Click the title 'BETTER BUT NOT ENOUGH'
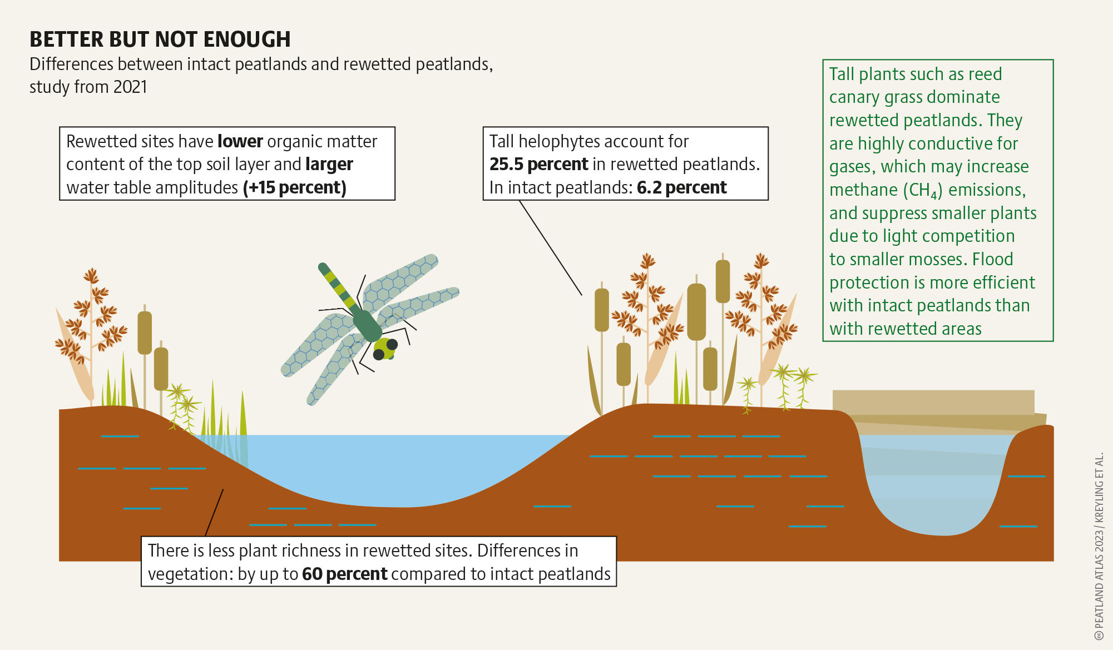[x=160, y=39]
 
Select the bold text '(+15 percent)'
[x=295, y=188]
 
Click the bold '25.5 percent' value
[x=538, y=165]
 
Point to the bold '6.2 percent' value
[x=681, y=188]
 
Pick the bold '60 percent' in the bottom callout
[x=344, y=574]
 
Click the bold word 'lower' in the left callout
[x=240, y=142]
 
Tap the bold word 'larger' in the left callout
[x=329, y=165]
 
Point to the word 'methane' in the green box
[x=863, y=190]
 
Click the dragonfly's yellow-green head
[x=385, y=348]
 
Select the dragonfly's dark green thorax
[x=367, y=325]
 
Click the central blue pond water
[x=400, y=467]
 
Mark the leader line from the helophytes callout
[x=551, y=247]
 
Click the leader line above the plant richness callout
[x=214, y=513]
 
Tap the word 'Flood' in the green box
[x=993, y=259]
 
